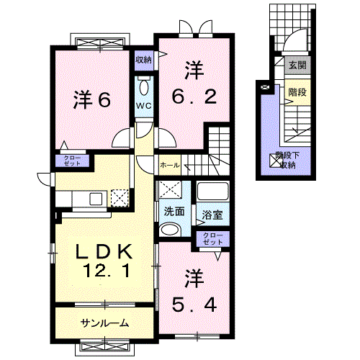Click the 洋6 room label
tap(91, 100)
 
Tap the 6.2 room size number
tap(192, 95)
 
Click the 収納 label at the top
tap(143, 60)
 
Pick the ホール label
tap(170, 165)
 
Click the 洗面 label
tap(174, 212)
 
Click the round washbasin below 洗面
tap(171, 230)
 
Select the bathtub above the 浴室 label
tap(212, 192)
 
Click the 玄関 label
tap(297, 66)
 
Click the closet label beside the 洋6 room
tap(73, 161)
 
